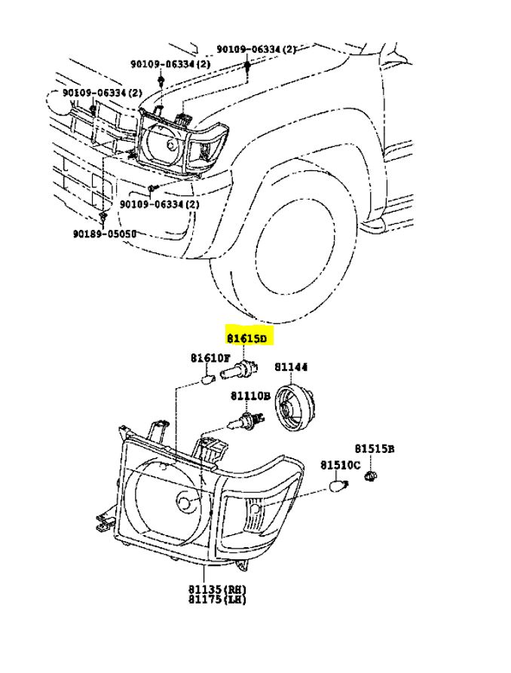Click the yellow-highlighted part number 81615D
tap(247, 338)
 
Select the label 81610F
tap(210, 358)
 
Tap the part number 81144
tap(291, 368)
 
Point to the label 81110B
tap(250, 396)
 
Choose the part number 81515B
tap(375, 449)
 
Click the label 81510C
tap(341, 465)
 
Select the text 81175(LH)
tap(217, 599)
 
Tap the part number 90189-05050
tap(104, 234)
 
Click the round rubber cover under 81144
tap(295, 407)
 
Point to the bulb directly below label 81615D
tap(240, 369)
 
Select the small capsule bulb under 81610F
tap(208, 379)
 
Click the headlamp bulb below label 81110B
tap(246, 420)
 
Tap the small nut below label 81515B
tap(370, 476)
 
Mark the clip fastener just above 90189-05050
tap(103, 218)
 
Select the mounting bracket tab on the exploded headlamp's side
tap(104, 520)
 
